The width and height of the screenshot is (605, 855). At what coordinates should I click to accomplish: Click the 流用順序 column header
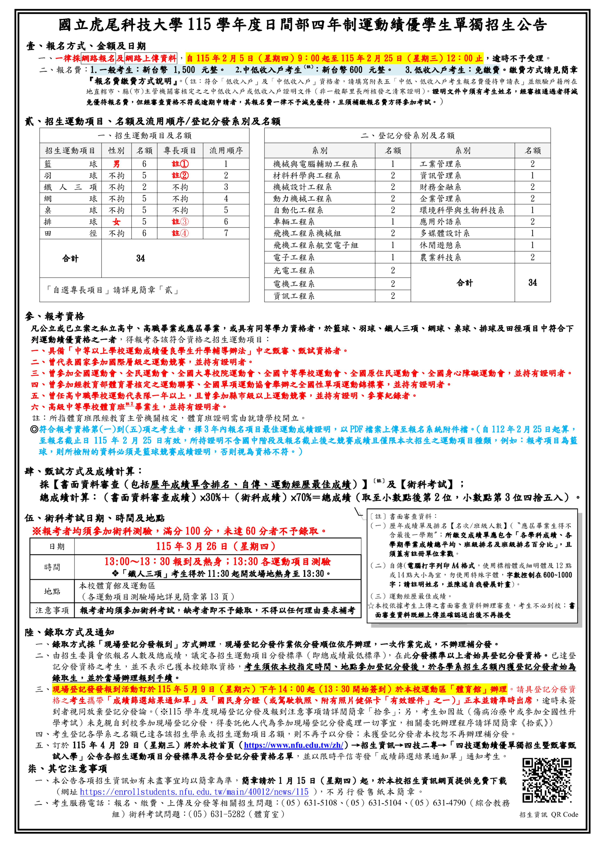click(226, 150)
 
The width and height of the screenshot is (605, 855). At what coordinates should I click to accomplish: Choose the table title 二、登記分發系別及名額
click(407, 135)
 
